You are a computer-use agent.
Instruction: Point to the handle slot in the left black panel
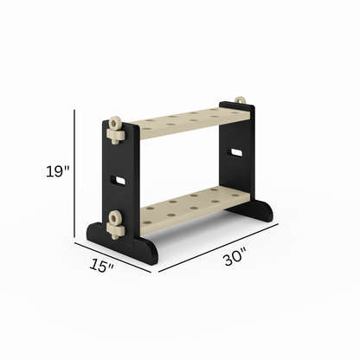pyautogui.click(x=117, y=182)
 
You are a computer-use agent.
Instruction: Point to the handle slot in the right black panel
pyautogui.click(x=234, y=152)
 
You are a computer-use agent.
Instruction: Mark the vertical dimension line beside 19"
pyautogui.click(x=74, y=171)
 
